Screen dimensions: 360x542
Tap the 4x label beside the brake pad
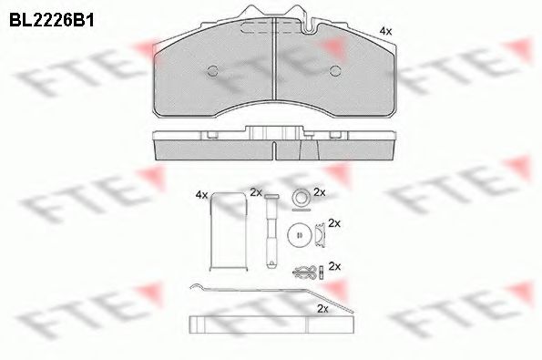pyautogui.click(x=385, y=32)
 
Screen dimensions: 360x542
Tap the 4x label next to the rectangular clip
pyautogui.click(x=201, y=194)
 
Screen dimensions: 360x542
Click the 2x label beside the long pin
pyautogui.click(x=256, y=192)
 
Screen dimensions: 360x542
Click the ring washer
pyautogui.click(x=298, y=194)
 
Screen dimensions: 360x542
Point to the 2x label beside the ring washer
pyautogui.click(x=319, y=192)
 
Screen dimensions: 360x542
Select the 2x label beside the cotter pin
pyautogui.click(x=334, y=266)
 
